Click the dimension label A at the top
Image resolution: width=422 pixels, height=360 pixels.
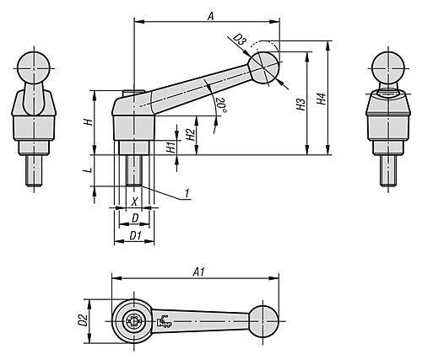tap(211, 16)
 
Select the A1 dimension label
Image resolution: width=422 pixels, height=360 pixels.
tap(198, 272)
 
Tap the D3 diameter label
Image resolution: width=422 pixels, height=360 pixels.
tap(240, 40)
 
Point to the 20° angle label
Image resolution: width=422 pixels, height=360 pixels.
tap(221, 105)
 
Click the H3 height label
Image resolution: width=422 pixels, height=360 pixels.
tap(300, 104)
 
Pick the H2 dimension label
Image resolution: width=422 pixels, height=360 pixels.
tap(191, 135)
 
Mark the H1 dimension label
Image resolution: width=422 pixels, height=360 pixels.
tap(170, 148)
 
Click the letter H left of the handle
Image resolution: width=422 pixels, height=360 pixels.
tap(89, 122)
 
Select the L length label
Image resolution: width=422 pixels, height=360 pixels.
tap(89, 170)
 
